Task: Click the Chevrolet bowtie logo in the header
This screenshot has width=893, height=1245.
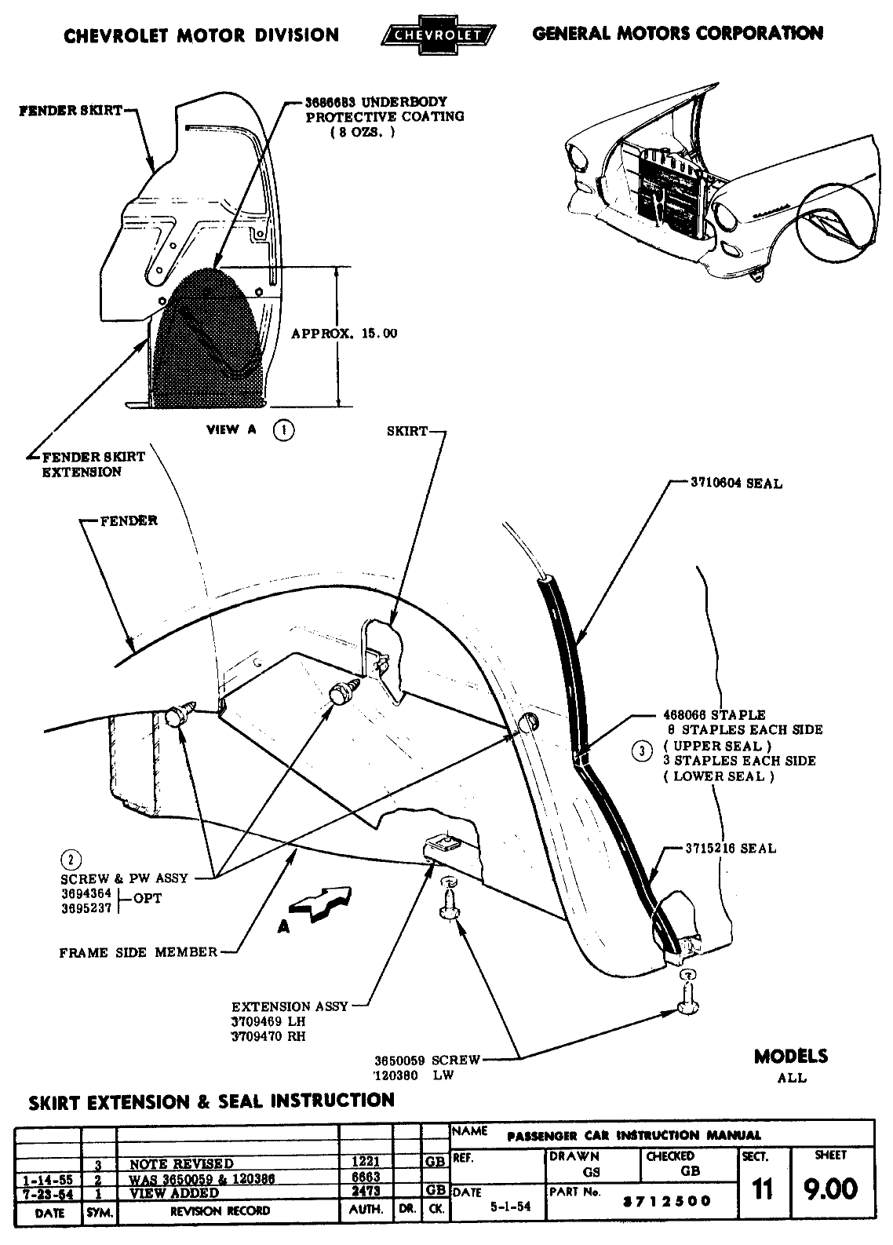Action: pyautogui.click(x=437, y=35)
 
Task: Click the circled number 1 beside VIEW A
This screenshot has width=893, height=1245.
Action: pyautogui.click(x=283, y=430)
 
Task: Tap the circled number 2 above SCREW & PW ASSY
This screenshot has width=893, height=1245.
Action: pyautogui.click(x=71, y=861)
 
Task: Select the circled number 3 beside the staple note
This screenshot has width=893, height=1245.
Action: pyautogui.click(x=642, y=751)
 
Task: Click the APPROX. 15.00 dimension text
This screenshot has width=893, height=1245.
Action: pyautogui.click(x=344, y=334)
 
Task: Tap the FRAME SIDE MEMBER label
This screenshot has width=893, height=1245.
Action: pyautogui.click(x=138, y=952)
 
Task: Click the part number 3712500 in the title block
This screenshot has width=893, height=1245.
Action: pyautogui.click(x=665, y=1201)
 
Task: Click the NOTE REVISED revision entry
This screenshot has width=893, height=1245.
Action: pyautogui.click(x=181, y=1163)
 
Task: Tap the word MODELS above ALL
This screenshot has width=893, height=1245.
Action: pyautogui.click(x=790, y=1057)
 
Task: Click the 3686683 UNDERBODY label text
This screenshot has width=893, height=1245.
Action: pyautogui.click(x=376, y=102)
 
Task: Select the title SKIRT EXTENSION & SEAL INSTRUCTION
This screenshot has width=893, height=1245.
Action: pyautogui.click(x=211, y=1101)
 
